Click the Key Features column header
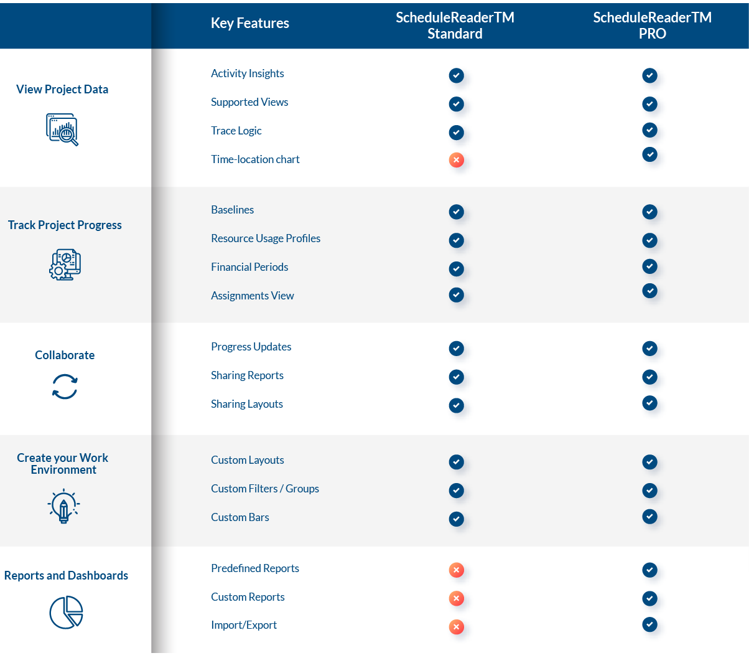click(x=249, y=23)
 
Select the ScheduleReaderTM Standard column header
click(x=455, y=26)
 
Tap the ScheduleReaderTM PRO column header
click(x=652, y=26)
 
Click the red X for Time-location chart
click(x=456, y=160)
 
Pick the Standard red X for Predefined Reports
click(x=456, y=570)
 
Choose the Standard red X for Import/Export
click(x=456, y=627)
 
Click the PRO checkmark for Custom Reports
click(x=649, y=598)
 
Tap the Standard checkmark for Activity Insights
click(x=456, y=75)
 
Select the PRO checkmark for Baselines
click(x=649, y=212)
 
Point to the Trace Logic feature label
click(x=236, y=131)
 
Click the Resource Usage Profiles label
click(x=266, y=238)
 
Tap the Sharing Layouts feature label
click(x=247, y=404)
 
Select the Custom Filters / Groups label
click(x=265, y=489)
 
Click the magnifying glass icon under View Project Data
click(x=63, y=129)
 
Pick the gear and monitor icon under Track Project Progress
click(x=65, y=265)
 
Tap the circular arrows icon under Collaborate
click(x=65, y=387)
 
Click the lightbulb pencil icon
click(x=63, y=506)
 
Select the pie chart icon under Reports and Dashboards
click(x=66, y=612)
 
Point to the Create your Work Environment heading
click(x=63, y=464)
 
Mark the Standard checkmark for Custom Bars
click(x=456, y=519)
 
